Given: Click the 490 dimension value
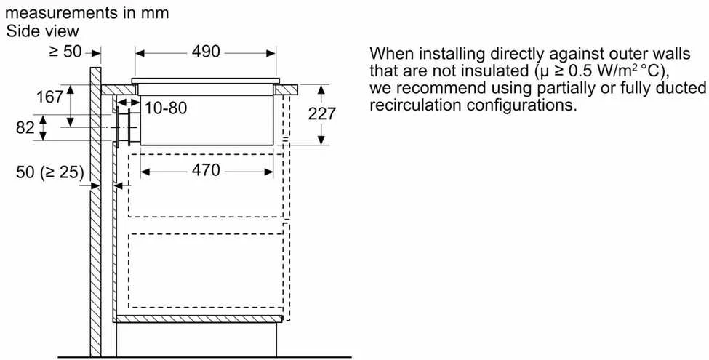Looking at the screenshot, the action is point(206,52).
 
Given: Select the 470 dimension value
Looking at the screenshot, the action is point(206,170).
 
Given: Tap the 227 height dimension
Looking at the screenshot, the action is point(321,113).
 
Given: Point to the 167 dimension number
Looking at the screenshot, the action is point(49,97).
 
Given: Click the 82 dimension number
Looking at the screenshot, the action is point(25,128).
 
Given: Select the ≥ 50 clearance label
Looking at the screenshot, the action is point(65,52).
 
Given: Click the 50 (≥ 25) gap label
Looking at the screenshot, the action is point(50,172).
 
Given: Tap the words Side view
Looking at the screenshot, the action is point(42,31).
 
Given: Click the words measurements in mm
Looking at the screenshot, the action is point(87,12).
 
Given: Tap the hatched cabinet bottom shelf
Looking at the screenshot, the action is point(198,319).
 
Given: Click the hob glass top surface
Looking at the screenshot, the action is point(206,81).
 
